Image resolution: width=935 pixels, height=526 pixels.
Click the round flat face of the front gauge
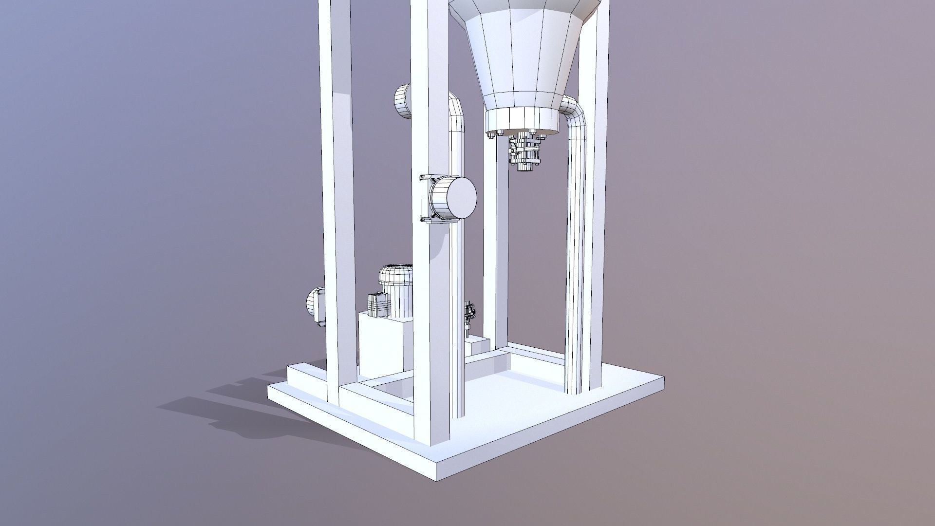click(459, 197)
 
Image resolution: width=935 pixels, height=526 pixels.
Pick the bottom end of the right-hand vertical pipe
click(574, 387)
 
